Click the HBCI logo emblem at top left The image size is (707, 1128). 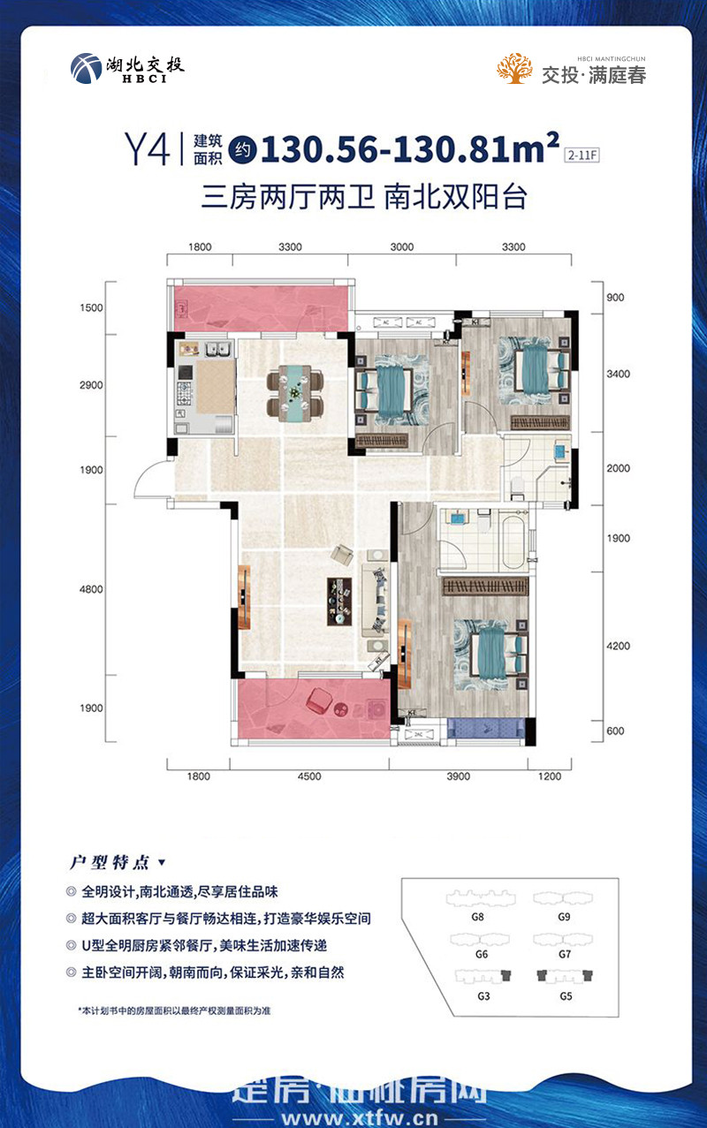pyautogui.click(x=86, y=68)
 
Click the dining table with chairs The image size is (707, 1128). pyautogui.click(x=295, y=393)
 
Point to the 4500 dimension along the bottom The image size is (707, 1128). pyautogui.click(x=309, y=776)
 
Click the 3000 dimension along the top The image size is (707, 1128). pyautogui.click(x=401, y=247)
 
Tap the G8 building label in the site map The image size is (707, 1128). pyautogui.click(x=478, y=917)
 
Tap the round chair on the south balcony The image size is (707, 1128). pyautogui.click(x=318, y=701)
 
